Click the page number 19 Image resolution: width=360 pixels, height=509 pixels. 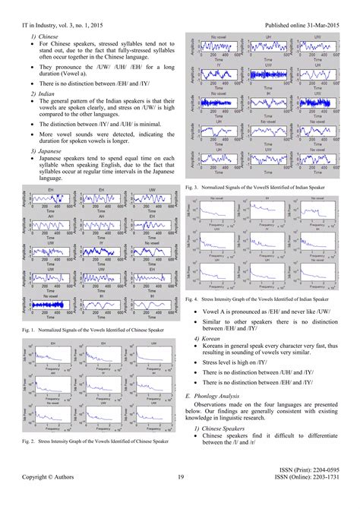[x=180, y=498]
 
